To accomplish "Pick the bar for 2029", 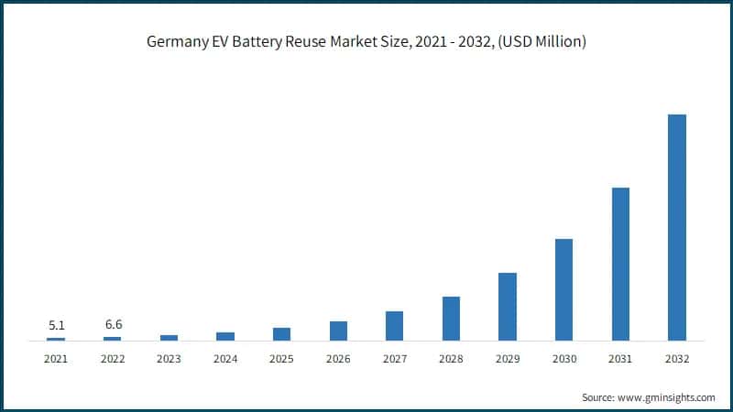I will tap(508, 307).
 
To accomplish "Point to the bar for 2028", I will tap(451, 319).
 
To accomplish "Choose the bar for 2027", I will tap(394, 326).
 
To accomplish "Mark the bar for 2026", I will tap(338, 331).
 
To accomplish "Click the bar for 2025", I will tap(281, 334).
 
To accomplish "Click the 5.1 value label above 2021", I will tap(56, 325).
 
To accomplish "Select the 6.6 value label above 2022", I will tap(112, 325).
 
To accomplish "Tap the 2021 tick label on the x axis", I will tap(56, 359).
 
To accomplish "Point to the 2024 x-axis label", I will tap(225, 359).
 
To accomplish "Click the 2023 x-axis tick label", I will tap(169, 359).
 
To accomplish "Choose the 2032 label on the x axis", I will tap(676, 359).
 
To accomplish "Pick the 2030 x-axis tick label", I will tap(563, 359).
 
